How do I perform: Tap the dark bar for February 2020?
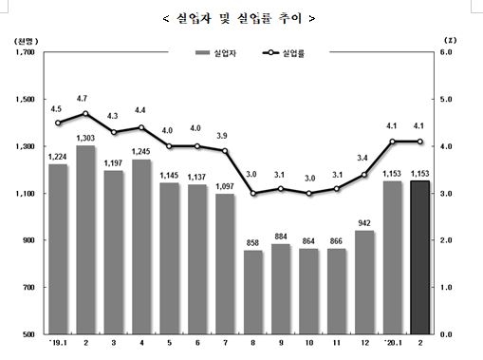[x=419, y=257]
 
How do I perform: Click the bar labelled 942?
[x=363, y=282]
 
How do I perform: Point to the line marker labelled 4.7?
[x=85, y=114]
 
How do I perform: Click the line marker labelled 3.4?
[x=363, y=175]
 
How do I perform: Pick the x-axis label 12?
[x=363, y=345]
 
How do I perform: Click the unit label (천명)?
[x=26, y=40]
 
